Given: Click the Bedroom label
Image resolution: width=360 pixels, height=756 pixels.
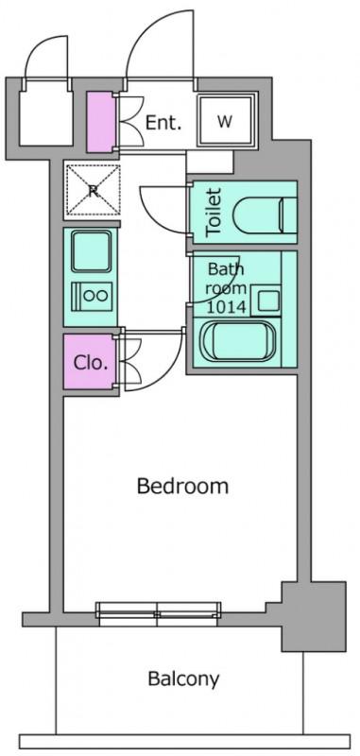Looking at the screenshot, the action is pyautogui.click(x=182, y=486).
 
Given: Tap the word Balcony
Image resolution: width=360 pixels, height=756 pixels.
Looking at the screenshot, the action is pyautogui.click(x=183, y=679).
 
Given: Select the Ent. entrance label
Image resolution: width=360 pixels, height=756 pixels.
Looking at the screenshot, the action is pyautogui.click(x=163, y=123).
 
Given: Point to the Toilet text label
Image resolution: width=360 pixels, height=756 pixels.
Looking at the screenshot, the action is pyautogui.click(x=213, y=212).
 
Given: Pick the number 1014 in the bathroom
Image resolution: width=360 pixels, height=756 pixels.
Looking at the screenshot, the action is pyautogui.click(x=227, y=305).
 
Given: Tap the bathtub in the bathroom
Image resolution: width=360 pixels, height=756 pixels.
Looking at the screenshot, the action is pyautogui.click(x=238, y=341).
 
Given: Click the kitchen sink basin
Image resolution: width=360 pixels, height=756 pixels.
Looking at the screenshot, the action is pyautogui.click(x=92, y=250).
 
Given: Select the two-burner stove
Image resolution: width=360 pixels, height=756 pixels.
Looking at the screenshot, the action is pyautogui.click(x=92, y=296).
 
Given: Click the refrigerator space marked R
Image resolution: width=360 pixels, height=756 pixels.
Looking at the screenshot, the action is pyautogui.click(x=93, y=190).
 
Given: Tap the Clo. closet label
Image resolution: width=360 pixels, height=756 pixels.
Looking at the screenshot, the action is pyautogui.click(x=90, y=363).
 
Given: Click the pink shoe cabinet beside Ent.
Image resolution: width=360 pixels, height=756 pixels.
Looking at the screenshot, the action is pyautogui.click(x=101, y=122).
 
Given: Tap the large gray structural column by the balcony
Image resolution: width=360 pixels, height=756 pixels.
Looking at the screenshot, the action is pyautogui.click(x=314, y=617).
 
